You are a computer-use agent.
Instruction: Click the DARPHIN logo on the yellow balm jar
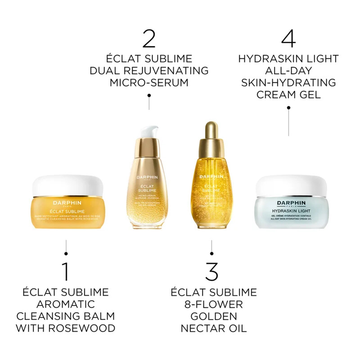(x=66, y=202)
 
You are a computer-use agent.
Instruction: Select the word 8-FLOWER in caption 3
(x=214, y=304)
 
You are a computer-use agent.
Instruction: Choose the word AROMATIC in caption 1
(x=66, y=304)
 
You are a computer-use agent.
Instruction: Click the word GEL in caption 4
(x=310, y=94)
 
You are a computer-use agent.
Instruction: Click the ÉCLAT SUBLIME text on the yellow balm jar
(x=66, y=210)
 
